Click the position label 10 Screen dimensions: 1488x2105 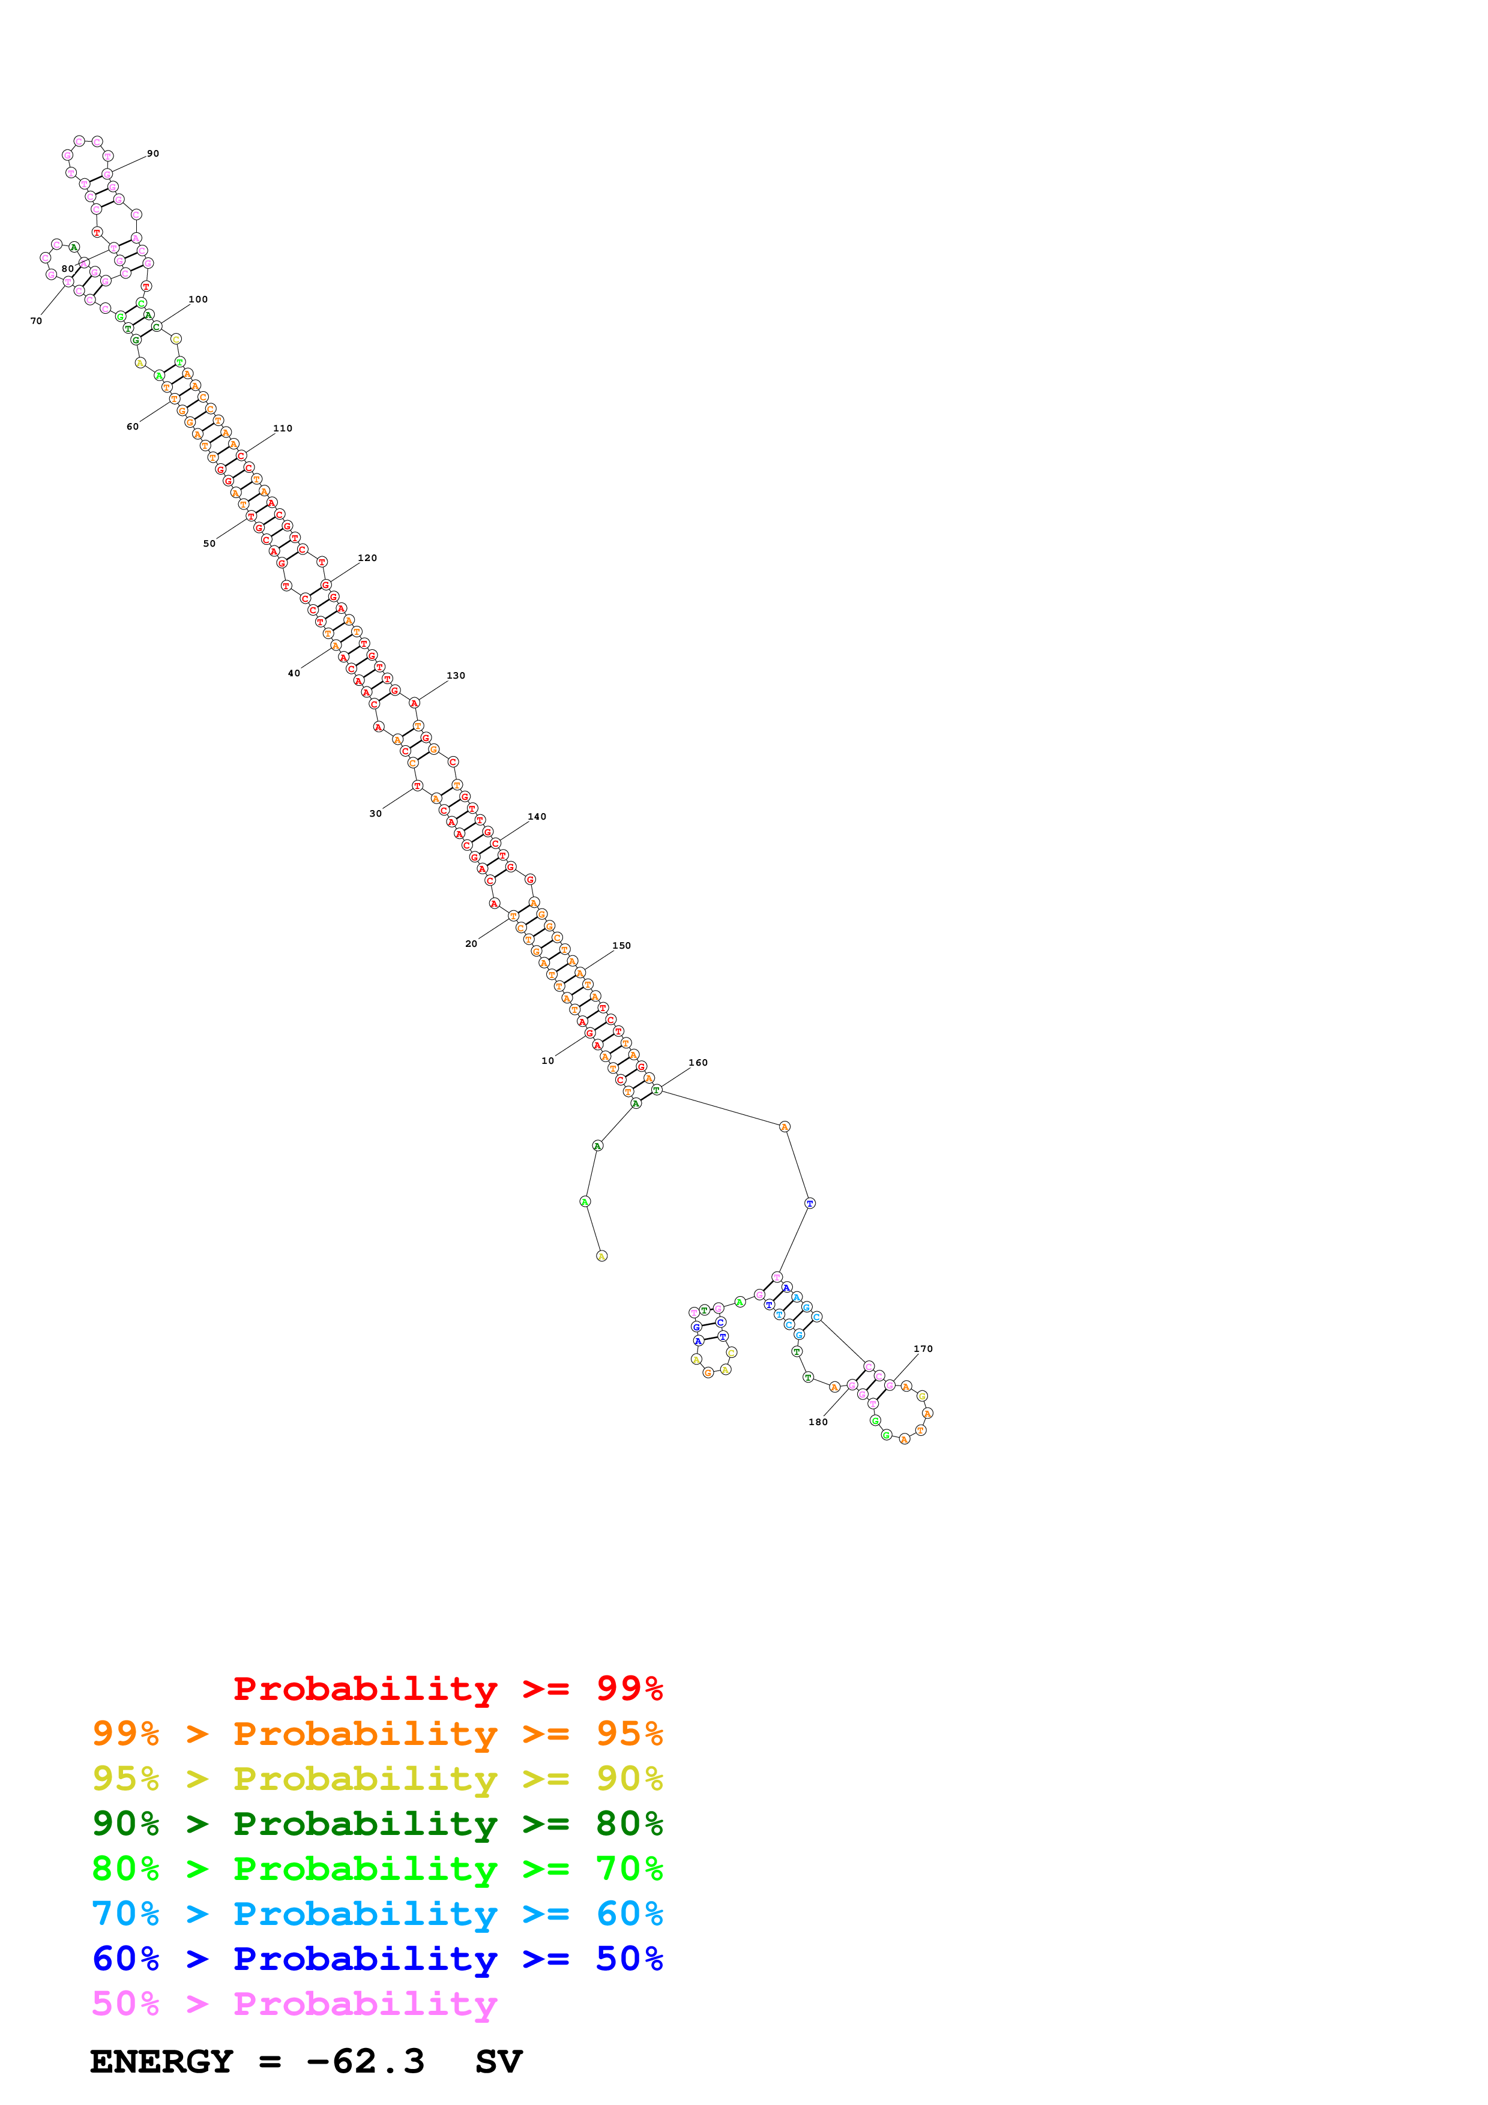[x=547, y=1061]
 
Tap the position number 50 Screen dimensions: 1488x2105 [x=209, y=544]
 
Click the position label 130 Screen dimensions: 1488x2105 [x=456, y=676]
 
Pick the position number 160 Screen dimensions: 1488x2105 [x=697, y=1063]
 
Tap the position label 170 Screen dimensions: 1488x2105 [x=923, y=1349]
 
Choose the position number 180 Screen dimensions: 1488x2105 [x=818, y=1422]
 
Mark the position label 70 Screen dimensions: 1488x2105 [x=36, y=321]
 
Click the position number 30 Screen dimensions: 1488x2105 [x=375, y=813]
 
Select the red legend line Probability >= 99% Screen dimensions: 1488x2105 [x=447, y=1688]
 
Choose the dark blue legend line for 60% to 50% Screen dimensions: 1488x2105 [x=377, y=1959]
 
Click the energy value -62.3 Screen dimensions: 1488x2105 [x=365, y=2062]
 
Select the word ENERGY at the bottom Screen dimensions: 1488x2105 [x=161, y=2062]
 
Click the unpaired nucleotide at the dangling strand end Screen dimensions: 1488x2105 [x=601, y=1256]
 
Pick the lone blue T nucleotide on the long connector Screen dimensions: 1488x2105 [x=810, y=1203]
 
